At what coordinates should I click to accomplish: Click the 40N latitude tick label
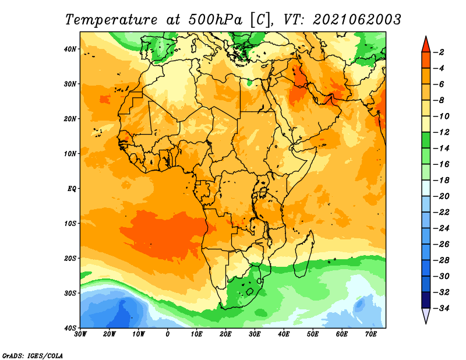[x=70, y=49]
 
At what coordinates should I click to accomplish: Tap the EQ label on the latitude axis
[x=72, y=189]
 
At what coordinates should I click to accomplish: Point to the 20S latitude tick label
[x=70, y=258]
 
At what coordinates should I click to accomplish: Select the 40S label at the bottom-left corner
[x=70, y=328]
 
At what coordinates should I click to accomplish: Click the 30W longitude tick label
[x=80, y=334]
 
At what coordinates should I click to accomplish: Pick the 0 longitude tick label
[x=168, y=334]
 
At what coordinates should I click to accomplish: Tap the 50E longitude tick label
[x=313, y=334]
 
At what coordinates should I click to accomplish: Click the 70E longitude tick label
[x=371, y=334]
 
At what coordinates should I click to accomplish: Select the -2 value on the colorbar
[x=439, y=52]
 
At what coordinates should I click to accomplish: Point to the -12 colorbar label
[x=441, y=132]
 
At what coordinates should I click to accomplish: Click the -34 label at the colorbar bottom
[x=441, y=308]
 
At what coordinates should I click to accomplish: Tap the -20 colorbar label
[x=441, y=196]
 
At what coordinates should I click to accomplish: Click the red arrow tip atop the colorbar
[x=426, y=37]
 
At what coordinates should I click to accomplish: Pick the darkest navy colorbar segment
[x=426, y=300]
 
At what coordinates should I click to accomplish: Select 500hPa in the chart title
[x=215, y=20]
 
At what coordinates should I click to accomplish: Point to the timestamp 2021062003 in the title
[x=357, y=20]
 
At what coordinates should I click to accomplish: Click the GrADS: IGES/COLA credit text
[x=33, y=355]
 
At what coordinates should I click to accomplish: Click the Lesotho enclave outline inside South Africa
[x=250, y=291]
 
